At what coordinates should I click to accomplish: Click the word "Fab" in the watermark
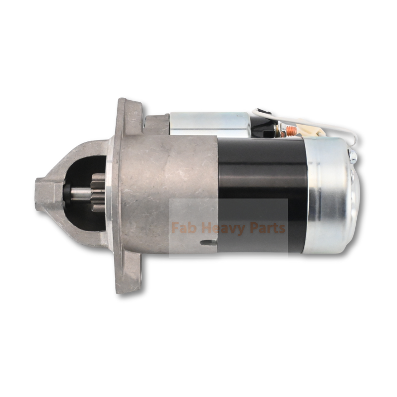tap(182, 228)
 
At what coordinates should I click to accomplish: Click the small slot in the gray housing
tap(209, 242)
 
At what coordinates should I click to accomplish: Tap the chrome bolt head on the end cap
tap(353, 157)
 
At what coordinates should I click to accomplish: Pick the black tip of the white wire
tap(258, 112)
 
